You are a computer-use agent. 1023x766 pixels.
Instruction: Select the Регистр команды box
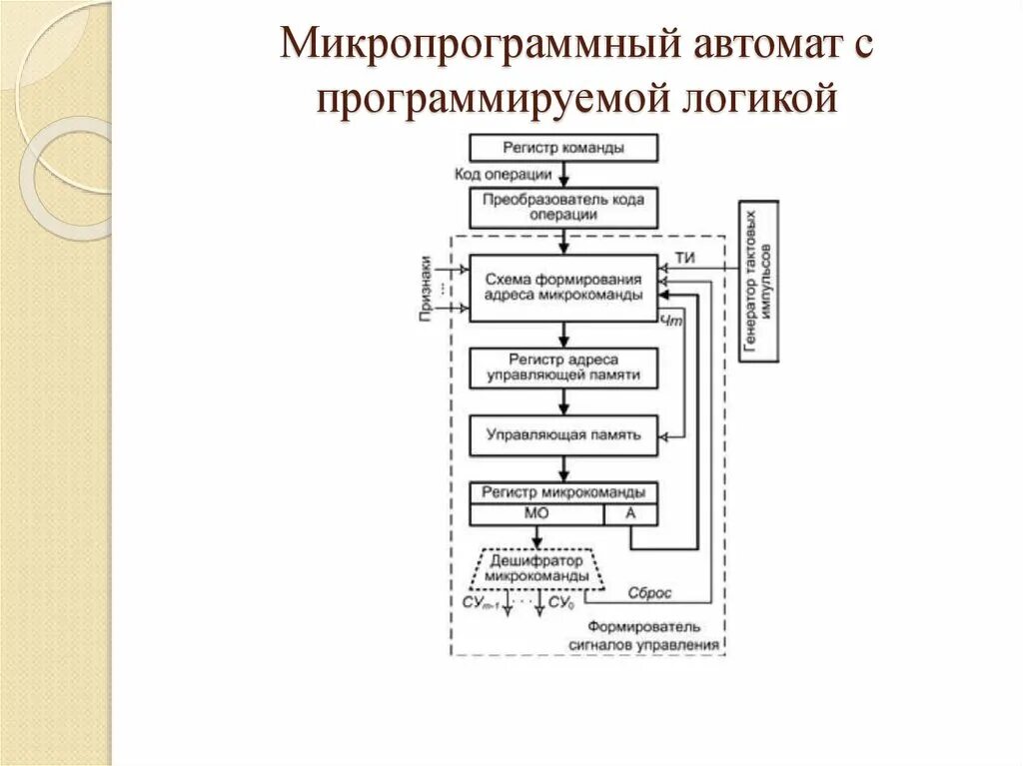(563, 148)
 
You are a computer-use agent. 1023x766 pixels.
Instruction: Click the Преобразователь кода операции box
(563, 206)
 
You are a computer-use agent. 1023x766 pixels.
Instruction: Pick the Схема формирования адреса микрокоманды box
(563, 288)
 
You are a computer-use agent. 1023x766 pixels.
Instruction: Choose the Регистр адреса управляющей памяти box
(563, 369)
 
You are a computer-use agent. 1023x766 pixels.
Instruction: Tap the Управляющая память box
(563, 434)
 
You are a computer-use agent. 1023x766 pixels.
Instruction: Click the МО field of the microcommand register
(536, 513)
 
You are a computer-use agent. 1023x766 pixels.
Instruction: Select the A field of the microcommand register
(630, 513)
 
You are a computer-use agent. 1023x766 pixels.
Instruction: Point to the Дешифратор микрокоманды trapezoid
(535, 568)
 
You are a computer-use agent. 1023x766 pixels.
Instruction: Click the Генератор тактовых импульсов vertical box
(758, 283)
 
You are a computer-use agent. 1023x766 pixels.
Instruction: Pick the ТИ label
(685, 259)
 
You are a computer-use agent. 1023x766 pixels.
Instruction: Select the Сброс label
(649, 592)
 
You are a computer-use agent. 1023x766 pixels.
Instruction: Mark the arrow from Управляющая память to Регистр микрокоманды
(564, 467)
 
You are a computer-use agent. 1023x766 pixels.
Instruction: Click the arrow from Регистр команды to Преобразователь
(564, 174)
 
